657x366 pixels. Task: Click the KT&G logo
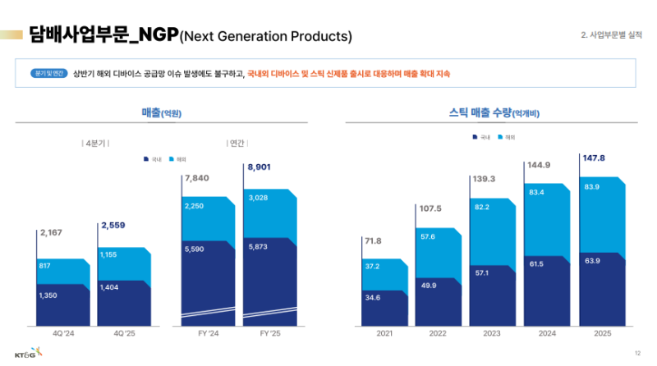click(x=28, y=354)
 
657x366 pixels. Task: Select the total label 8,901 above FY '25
click(x=258, y=167)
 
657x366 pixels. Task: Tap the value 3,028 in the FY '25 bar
click(x=258, y=198)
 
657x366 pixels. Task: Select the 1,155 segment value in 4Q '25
click(x=110, y=254)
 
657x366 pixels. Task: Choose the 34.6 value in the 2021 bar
click(x=373, y=297)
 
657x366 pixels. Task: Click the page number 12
click(x=636, y=353)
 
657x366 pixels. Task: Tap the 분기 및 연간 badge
click(x=47, y=73)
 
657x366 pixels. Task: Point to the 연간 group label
click(x=236, y=143)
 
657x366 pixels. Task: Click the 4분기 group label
click(x=97, y=143)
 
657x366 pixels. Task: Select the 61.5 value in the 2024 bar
click(x=536, y=263)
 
